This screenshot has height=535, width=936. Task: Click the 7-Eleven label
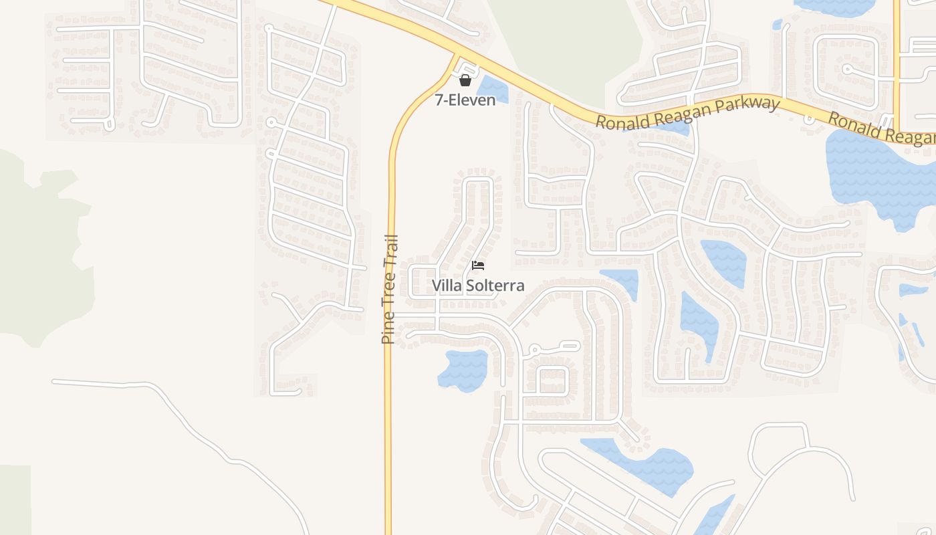click(465, 100)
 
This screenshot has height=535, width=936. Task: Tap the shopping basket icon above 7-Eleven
click(465, 81)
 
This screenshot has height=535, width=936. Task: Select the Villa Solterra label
click(477, 286)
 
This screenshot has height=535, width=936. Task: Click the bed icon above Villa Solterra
click(477, 265)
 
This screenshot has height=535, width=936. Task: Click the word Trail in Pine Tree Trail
click(390, 249)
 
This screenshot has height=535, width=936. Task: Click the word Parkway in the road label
click(747, 106)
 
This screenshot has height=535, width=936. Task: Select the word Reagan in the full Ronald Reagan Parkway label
click(678, 115)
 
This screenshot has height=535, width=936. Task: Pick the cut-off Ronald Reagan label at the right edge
click(881, 128)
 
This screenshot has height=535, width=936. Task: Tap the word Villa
click(445, 286)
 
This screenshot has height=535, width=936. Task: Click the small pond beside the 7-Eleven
click(493, 89)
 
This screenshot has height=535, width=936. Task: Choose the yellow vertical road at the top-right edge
click(897, 60)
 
